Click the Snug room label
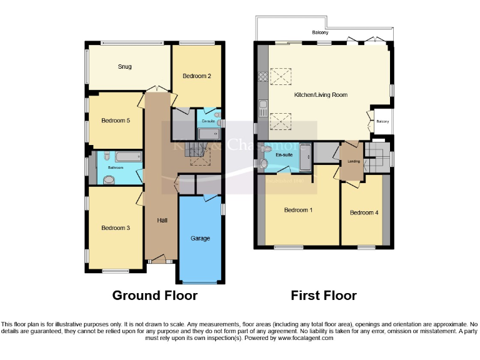124,66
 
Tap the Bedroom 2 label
196,76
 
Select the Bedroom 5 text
114,120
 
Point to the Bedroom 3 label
115,228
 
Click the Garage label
200,238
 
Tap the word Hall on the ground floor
162,220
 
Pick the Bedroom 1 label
298,210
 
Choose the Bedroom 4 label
364,212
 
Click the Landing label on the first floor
354,161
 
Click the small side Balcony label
382,122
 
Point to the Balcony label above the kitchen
320,32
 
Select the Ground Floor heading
154,295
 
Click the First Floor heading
324,295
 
